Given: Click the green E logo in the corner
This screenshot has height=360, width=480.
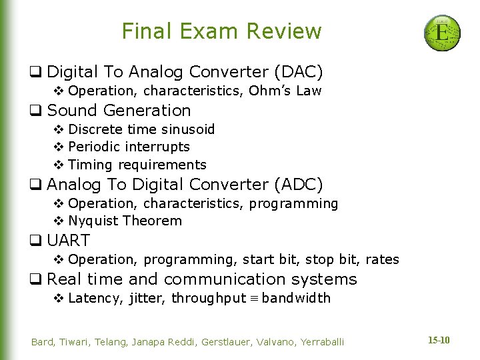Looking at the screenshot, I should [442, 33].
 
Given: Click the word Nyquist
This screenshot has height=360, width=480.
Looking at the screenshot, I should [93, 221].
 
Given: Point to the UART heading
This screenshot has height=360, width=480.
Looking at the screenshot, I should [69, 240].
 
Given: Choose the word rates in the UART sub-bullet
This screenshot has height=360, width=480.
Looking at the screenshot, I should [382, 259].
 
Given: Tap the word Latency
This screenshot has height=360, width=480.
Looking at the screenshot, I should [95, 298].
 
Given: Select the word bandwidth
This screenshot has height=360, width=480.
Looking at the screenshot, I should [296, 298].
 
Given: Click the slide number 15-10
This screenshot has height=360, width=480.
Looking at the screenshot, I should [438, 341].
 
